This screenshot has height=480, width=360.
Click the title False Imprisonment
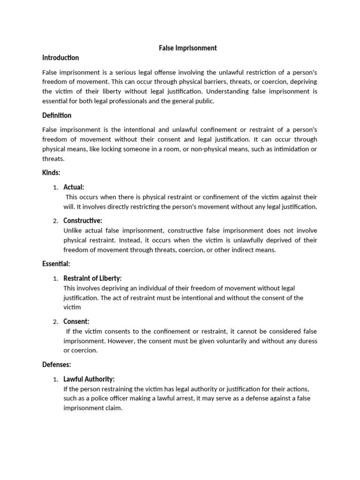pos(186,48)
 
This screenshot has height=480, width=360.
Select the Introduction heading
pos(60,58)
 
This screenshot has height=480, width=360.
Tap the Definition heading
pos(57,115)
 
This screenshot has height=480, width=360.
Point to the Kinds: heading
pos(51,173)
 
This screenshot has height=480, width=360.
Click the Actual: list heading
pos(74,187)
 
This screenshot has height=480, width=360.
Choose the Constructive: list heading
pos(82,221)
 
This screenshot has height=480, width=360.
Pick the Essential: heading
pos(56,264)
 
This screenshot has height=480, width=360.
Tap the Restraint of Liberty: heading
pos(92,278)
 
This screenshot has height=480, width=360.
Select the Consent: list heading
pos(76,322)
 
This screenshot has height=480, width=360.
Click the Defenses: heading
pos(57,364)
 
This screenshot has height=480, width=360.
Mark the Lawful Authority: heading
pos(89,379)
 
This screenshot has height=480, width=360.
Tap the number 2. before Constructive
pos(55,221)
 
